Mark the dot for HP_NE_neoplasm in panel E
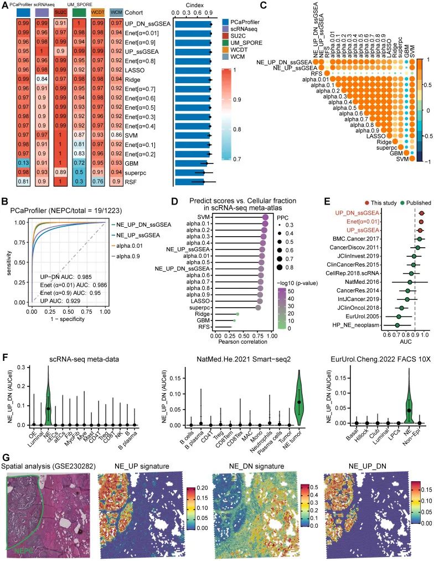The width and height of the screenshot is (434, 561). (397, 324)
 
